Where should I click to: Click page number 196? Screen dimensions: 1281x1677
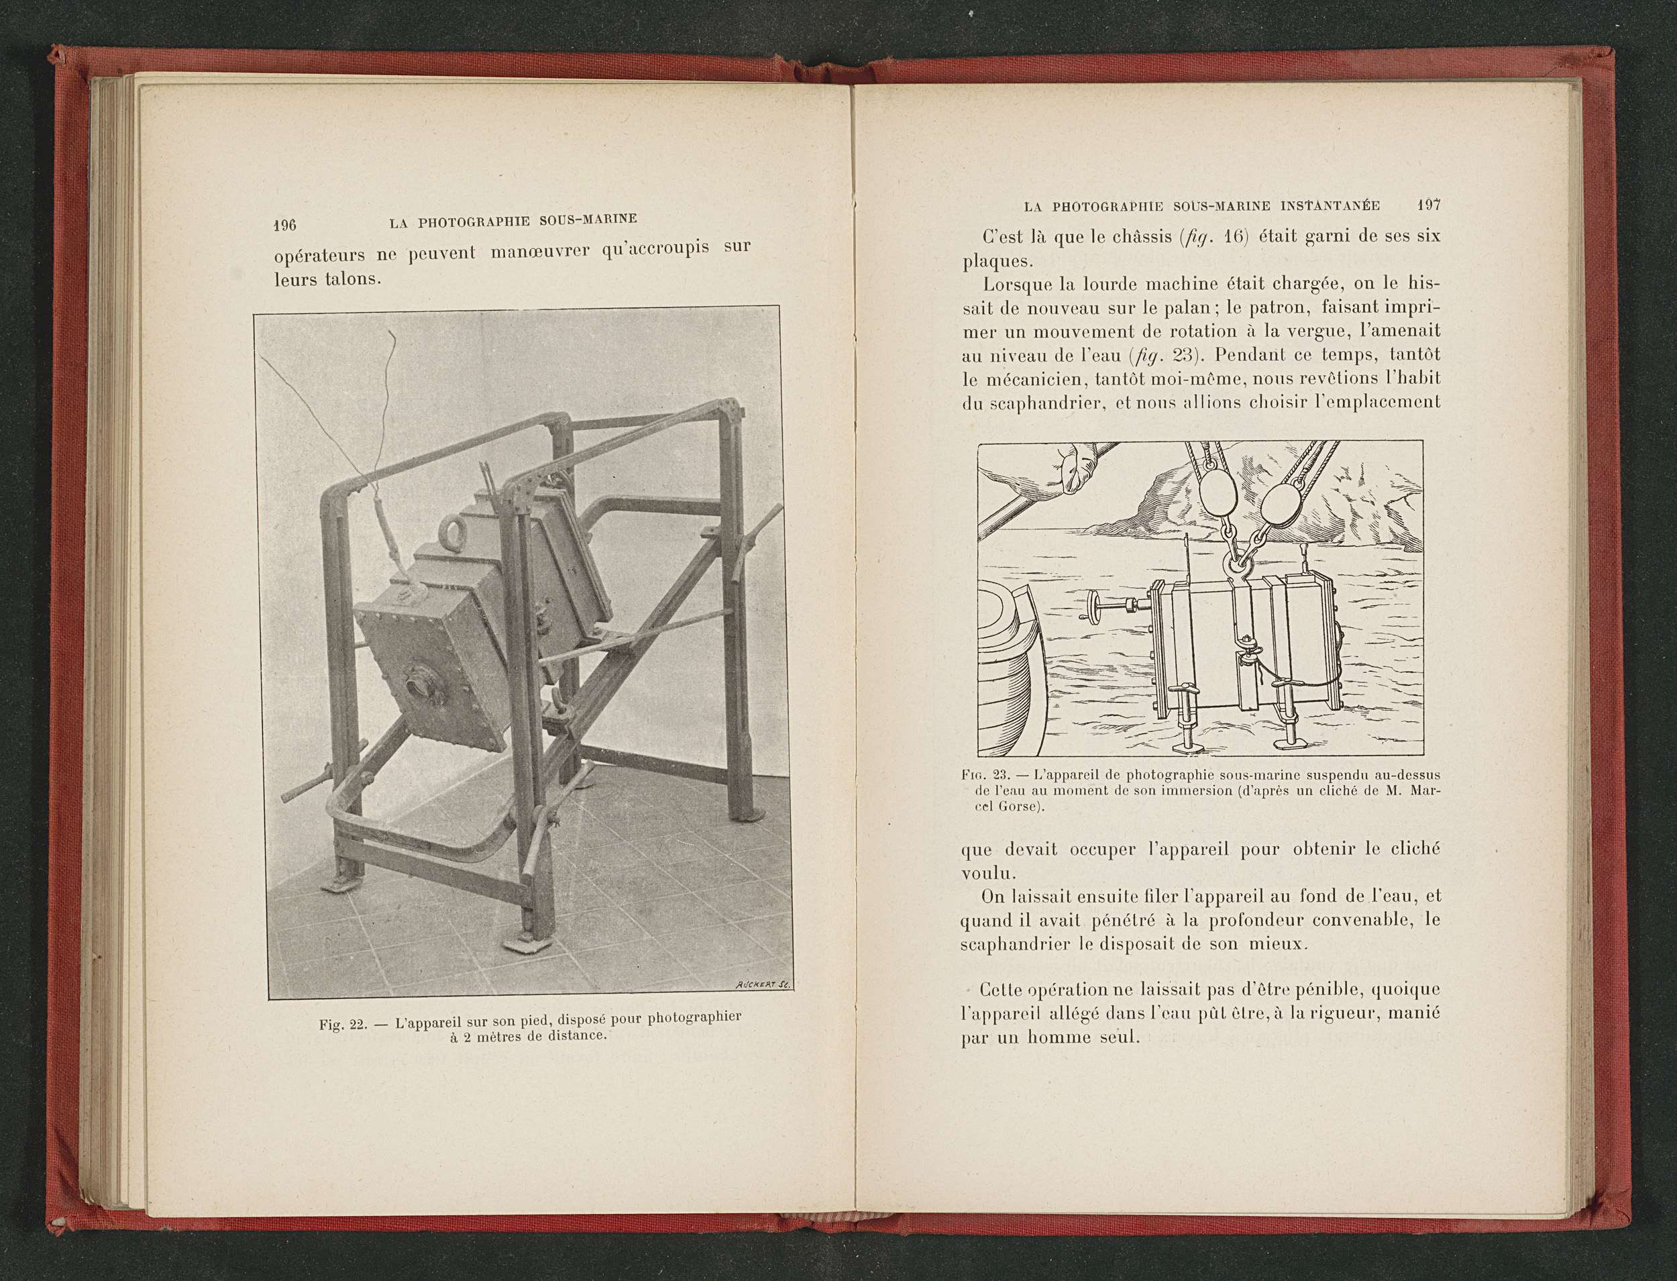click(x=284, y=225)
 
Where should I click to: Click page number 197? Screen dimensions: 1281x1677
click(x=1427, y=207)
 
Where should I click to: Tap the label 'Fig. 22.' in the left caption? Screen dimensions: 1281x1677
click(x=342, y=1024)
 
